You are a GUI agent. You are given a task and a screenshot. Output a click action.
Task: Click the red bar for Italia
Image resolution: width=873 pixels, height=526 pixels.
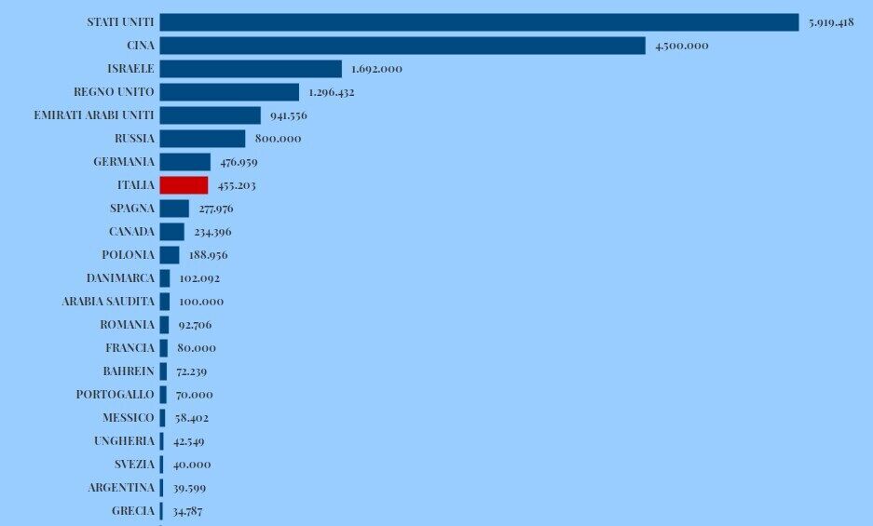(x=184, y=185)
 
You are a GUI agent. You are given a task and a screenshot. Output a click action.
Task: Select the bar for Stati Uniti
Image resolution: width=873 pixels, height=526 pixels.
(x=479, y=22)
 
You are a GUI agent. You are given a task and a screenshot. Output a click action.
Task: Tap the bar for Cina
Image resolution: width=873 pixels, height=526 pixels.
(x=402, y=46)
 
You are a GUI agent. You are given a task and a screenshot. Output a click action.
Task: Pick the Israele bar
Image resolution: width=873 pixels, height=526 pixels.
(x=251, y=69)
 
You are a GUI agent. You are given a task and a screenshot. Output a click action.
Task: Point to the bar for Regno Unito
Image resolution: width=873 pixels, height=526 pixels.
(x=229, y=92)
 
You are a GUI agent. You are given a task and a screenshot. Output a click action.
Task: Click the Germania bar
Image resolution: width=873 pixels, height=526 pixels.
(x=184, y=162)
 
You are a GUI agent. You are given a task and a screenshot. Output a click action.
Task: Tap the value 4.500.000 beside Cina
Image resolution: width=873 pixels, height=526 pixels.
(x=682, y=46)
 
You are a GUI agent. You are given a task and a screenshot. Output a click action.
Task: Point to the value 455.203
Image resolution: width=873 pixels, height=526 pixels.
(x=237, y=185)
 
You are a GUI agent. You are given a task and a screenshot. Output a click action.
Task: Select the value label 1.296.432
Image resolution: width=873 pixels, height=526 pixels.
(x=332, y=92)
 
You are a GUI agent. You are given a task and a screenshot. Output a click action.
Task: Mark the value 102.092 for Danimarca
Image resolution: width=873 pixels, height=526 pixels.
(x=199, y=278)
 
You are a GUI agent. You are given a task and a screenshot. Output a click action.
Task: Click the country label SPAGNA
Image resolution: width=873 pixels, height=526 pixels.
(x=132, y=209)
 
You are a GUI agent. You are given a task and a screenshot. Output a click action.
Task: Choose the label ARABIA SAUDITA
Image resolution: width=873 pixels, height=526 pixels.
(x=108, y=302)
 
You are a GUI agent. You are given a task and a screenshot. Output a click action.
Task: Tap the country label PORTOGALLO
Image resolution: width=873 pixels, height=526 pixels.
(x=116, y=395)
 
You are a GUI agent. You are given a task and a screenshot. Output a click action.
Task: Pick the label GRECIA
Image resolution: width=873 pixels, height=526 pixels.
(x=133, y=511)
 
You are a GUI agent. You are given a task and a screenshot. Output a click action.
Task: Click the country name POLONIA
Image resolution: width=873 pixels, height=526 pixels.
(x=129, y=255)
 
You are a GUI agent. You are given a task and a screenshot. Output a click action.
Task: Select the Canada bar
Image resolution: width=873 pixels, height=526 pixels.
(x=171, y=232)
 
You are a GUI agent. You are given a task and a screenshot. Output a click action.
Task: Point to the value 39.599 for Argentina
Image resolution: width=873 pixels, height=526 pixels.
(x=192, y=488)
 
